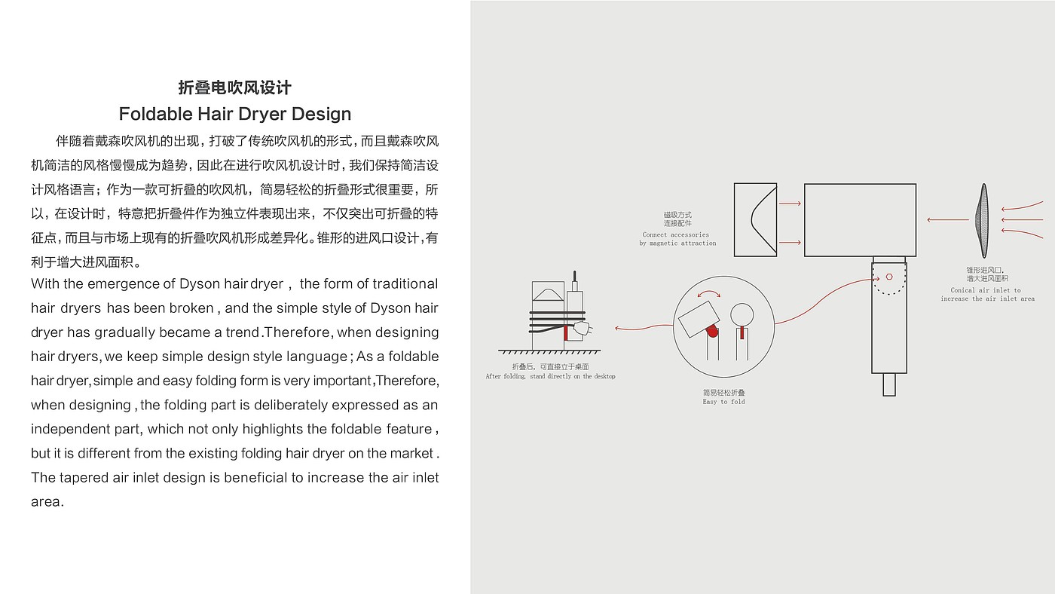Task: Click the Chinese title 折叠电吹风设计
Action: (x=234, y=87)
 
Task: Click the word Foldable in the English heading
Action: (x=155, y=115)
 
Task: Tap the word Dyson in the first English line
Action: (x=199, y=284)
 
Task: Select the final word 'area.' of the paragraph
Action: (x=47, y=502)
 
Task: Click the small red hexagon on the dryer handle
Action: (x=889, y=277)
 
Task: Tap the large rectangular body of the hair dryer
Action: (x=860, y=220)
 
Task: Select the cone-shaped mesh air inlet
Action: (x=983, y=220)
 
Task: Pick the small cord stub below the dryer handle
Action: (x=889, y=384)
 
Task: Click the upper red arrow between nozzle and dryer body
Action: (x=790, y=204)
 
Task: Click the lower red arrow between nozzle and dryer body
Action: (x=790, y=243)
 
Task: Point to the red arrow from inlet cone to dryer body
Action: (x=947, y=220)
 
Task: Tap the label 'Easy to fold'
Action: (x=723, y=402)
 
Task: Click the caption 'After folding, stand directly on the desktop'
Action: (x=550, y=376)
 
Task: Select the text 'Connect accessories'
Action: (x=675, y=234)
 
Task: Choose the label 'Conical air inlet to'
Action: (x=986, y=290)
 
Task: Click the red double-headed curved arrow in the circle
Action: (x=707, y=295)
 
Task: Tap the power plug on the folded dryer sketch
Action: (x=581, y=328)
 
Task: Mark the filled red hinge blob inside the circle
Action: (x=711, y=331)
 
